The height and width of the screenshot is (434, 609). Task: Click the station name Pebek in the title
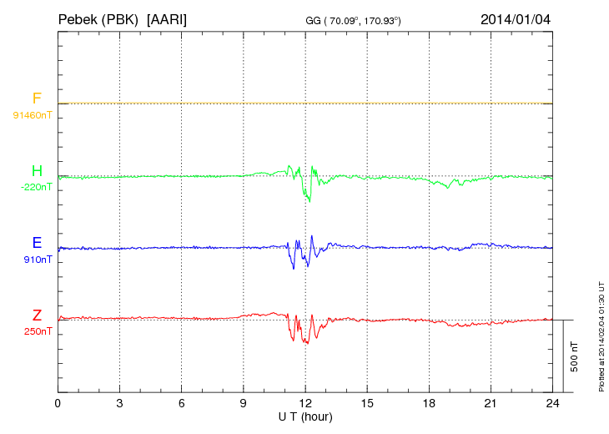(76, 18)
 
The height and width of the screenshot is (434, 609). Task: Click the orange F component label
(37, 99)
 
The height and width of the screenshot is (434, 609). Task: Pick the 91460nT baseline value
(32, 114)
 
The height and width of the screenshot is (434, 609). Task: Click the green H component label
(37, 172)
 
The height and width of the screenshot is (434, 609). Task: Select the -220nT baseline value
(36, 187)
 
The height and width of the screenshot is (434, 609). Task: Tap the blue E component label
(37, 244)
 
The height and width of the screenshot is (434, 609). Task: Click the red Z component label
(37, 315)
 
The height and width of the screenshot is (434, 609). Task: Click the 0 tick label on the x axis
(58, 403)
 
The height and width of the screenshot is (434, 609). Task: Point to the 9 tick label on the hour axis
(244, 403)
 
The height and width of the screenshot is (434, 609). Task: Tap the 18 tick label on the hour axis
(429, 403)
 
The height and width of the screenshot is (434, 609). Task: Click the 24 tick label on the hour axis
(552, 403)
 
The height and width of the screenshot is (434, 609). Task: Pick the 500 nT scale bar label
(575, 356)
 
